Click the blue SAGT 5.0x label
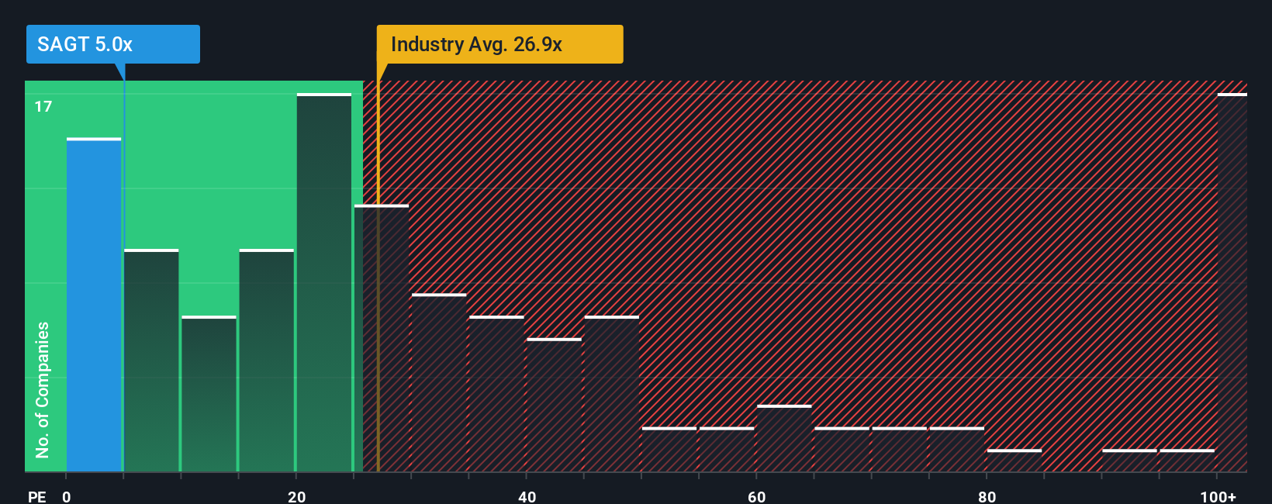[x=113, y=44]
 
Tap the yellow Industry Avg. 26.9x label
[x=499, y=44]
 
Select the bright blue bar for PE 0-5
[x=94, y=305]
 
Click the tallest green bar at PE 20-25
[x=323, y=283]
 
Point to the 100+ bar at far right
[x=1232, y=283]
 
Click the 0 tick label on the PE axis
[x=67, y=497]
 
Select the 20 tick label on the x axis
[x=296, y=497]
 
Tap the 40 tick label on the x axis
[x=527, y=497]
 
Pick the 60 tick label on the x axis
[x=756, y=497]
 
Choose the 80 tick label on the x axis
[x=987, y=497]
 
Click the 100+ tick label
[x=1218, y=497]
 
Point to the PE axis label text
[x=37, y=497]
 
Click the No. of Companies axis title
[x=43, y=390]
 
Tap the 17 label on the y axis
[x=43, y=107]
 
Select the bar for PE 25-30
[x=382, y=338]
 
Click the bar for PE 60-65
[x=784, y=438]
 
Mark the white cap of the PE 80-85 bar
[x=1014, y=450]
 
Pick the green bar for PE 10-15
[x=209, y=394]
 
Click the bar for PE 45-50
[x=612, y=394]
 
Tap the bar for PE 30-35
[x=439, y=382]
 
